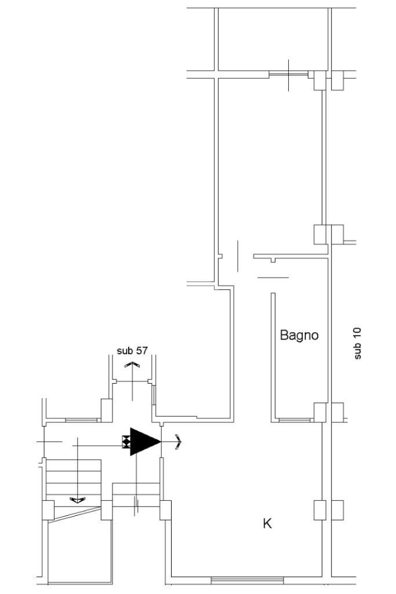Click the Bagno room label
point(299,335)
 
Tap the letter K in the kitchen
point(267,523)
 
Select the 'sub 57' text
point(132,350)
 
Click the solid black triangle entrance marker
point(143,442)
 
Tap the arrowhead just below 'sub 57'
point(132,365)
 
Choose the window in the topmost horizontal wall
point(288,74)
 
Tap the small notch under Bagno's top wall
point(272,260)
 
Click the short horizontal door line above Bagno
point(273,278)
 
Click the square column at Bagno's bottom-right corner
point(320,412)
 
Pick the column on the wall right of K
point(320,510)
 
